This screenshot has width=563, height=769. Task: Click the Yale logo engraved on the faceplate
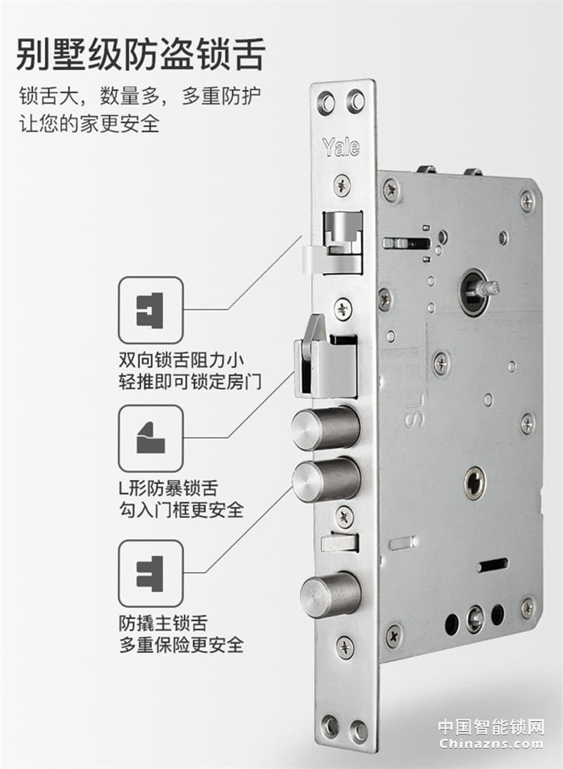point(341,146)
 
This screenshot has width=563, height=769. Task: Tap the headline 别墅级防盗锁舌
point(140,55)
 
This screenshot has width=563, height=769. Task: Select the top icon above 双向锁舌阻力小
point(151,310)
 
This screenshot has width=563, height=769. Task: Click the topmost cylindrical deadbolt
point(326,427)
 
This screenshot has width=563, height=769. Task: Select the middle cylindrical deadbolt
point(326,479)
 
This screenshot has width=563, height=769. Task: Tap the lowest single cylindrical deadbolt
point(329,594)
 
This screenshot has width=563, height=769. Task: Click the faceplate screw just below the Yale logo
point(342,185)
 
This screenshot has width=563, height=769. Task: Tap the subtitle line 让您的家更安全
point(89,123)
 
